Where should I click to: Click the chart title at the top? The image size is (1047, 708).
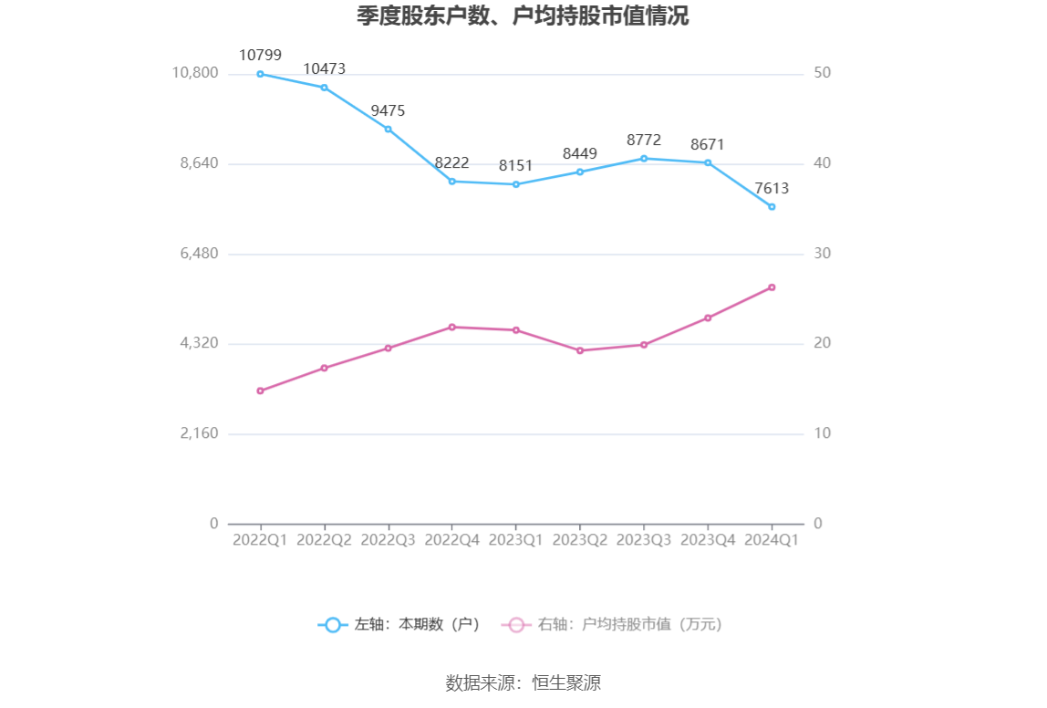(523, 16)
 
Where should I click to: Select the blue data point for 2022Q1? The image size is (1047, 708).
(260, 74)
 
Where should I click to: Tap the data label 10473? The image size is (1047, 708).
(324, 68)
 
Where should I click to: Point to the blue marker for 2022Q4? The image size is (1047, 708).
(452, 181)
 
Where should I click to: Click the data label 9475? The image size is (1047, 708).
(388, 110)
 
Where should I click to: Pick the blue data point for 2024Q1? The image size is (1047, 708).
(772, 207)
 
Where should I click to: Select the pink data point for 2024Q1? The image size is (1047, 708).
(772, 287)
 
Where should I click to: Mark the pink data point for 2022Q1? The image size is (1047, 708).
(260, 390)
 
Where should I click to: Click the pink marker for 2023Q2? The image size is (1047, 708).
(580, 350)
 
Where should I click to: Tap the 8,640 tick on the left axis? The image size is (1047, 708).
(195, 163)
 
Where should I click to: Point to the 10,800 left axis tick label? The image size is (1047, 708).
(195, 73)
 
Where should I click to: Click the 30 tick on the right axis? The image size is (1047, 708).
(822, 253)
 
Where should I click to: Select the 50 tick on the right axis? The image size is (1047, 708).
(822, 73)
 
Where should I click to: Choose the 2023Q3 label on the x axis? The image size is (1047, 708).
(644, 540)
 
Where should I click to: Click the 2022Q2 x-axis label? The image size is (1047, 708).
(324, 540)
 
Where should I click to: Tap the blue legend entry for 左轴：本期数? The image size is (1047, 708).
(399, 625)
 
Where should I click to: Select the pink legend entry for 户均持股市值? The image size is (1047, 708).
(612, 625)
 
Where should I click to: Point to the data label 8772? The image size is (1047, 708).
(644, 140)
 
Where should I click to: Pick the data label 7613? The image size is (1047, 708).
(772, 188)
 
